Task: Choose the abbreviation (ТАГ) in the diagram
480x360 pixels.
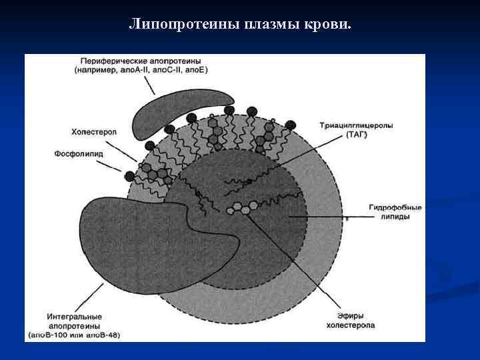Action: tap(356, 135)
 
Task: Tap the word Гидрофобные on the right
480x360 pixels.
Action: tap(395, 207)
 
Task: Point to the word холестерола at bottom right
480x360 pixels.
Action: tap(349, 325)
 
